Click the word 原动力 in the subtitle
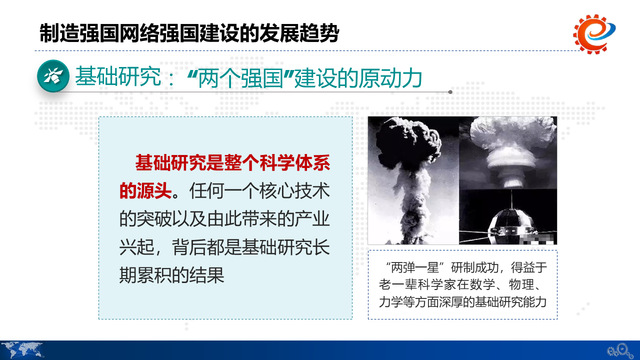(390, 77)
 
